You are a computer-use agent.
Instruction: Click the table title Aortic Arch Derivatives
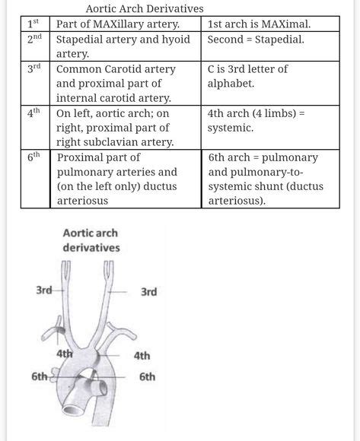145,8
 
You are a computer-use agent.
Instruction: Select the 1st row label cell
35,23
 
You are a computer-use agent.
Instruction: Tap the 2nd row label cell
35,38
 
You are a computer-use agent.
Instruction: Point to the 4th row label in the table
34,112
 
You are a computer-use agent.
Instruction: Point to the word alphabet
233,83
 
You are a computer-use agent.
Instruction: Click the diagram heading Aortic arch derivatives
91,240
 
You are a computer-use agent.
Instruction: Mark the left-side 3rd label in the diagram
44,290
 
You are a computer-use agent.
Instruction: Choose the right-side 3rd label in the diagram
148,291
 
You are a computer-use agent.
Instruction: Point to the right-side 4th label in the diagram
142,355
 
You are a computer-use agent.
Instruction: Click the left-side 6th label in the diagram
40,376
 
